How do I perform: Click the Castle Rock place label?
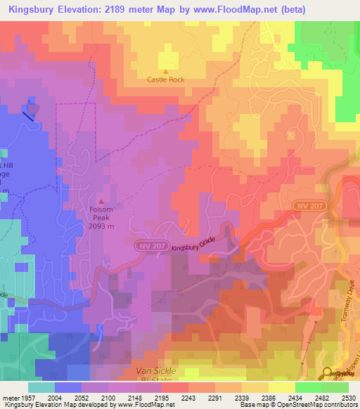tap(166, 80)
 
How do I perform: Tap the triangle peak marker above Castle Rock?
tap(166, 71)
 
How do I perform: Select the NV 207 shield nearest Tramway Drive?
tap(306, 204)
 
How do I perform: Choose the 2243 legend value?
tap(189, 398)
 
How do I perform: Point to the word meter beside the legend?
tap(11, 398)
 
